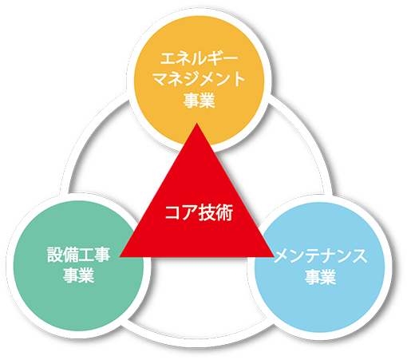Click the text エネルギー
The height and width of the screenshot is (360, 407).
[x=199, y=58]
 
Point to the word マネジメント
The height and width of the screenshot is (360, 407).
[x=199, y=79]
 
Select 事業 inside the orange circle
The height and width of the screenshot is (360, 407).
[x=199, y=101]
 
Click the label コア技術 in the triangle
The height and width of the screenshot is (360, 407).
[x=199, y=212]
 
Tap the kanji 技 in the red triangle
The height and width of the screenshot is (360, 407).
[x=207, y=212]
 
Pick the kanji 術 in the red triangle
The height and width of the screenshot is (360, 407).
[x=225, y=212]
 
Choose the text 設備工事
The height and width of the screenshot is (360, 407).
[x=79, y=255]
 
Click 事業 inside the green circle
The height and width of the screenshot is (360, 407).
[x=79, y=275]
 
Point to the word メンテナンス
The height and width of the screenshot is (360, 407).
[x=320, y=256]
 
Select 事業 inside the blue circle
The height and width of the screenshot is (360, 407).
[x=320, y=277]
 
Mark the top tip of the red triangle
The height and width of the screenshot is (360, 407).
[x=196, y=123]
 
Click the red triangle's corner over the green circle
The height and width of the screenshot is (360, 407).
[x=120, y=257]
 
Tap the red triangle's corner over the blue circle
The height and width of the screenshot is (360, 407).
[x=275, y=257]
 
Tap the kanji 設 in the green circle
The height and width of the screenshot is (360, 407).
[x=55, y=255]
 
